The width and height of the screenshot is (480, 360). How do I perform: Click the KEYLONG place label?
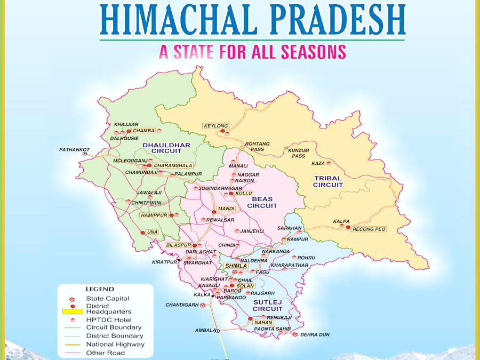point(215,126)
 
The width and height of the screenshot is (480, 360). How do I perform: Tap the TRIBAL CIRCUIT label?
point(328,181)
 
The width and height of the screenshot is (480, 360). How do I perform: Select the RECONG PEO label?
point(369,229)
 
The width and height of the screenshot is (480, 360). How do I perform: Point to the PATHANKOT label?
point(74,150)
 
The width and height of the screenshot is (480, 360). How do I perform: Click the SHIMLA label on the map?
point(236,265)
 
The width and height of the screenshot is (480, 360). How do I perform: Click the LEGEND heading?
point(99,289)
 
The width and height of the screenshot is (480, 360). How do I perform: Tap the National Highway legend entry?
point(115,345)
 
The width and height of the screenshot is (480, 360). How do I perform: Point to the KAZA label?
point(318,163)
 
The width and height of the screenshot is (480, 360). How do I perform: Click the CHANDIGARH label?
point(181,305)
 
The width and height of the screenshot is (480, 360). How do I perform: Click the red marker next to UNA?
point(142,233)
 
